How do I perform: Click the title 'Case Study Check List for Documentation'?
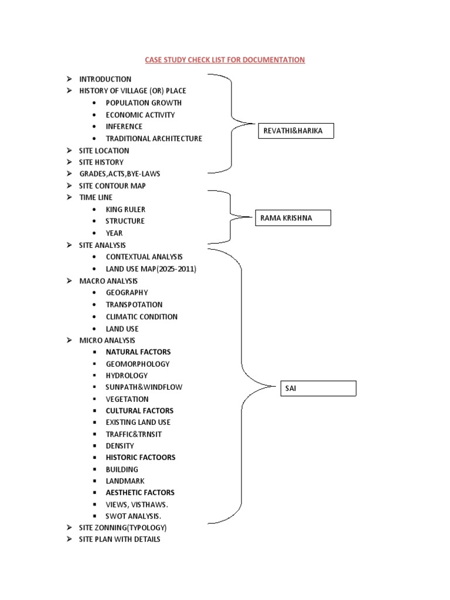pyautogui.click(x=224, y=60)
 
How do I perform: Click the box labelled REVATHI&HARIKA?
pyautogui.click(x=296, y=131)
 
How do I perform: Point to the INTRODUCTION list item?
pyautogui.click(x=105, y=79)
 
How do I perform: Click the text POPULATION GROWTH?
pyautogui.click(x=144, y=103)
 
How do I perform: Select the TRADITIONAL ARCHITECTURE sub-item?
pyautogui.click(x=154, y=139)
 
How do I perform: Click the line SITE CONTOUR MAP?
pyautogui.click(x=112, y=186)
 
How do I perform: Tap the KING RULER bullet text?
pyautogui.click(x=125, y=209)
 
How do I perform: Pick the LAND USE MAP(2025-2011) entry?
pyautogui.click(x=151, y=269)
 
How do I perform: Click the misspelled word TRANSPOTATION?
pyautogui.click(x=134, y=305)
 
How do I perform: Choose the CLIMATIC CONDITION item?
pyautogui.click(x=141, y=316)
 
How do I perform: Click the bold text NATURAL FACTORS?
pyautogui.click(x=138, y=352)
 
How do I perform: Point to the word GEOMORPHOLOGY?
pyautogui.click(x=138, y=364)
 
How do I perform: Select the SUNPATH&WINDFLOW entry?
pyautogui.click(x=139, y=387)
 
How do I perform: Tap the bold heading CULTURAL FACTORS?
pyautogui.click(x=139, y=411)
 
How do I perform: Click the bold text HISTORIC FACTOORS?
pyautogui.click(x=140, y=458)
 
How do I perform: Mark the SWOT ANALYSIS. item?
pyautogui.click(x=133, y=516)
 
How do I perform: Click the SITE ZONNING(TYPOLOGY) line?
pyautogui.click(x=119, y=527)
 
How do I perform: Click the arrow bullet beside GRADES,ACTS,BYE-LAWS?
pyautogui.click(x=69, y=174)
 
